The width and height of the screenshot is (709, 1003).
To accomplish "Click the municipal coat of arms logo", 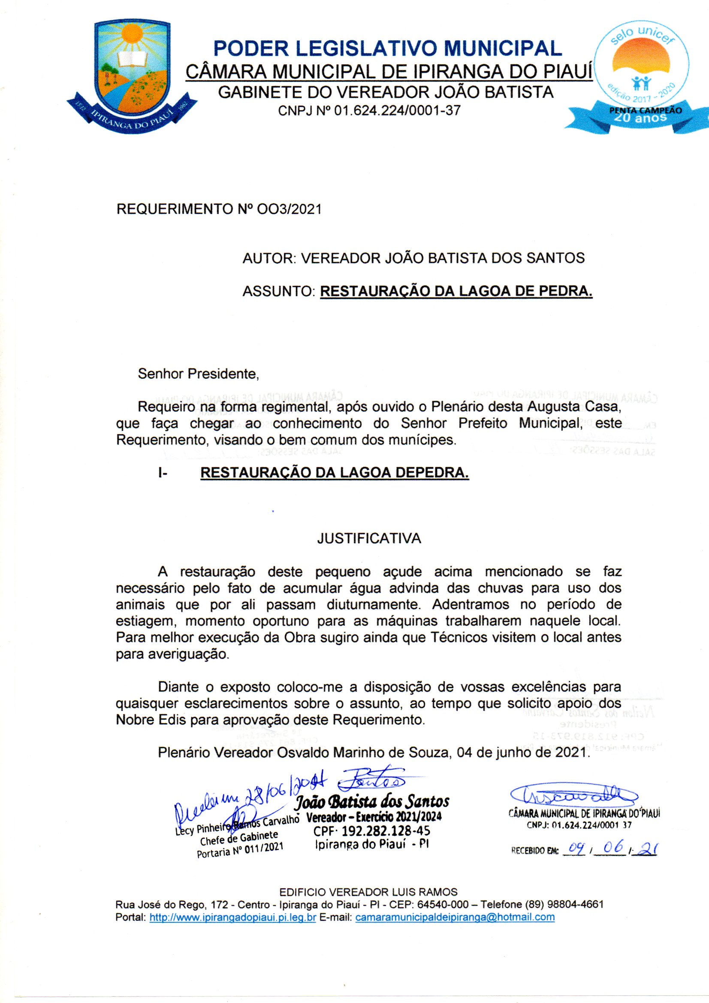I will click(132, 76).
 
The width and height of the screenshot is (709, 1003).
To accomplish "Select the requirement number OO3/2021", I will click(289, 209).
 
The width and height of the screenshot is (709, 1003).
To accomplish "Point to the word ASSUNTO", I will click(279, 291).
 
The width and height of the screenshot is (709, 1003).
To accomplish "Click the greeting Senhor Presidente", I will click(198, 374).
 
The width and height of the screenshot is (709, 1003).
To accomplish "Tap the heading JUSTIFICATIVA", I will click(369, 538).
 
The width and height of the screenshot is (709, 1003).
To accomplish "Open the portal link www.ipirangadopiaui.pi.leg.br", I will click(232, 917).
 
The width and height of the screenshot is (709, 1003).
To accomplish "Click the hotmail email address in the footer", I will click(455, 917).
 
